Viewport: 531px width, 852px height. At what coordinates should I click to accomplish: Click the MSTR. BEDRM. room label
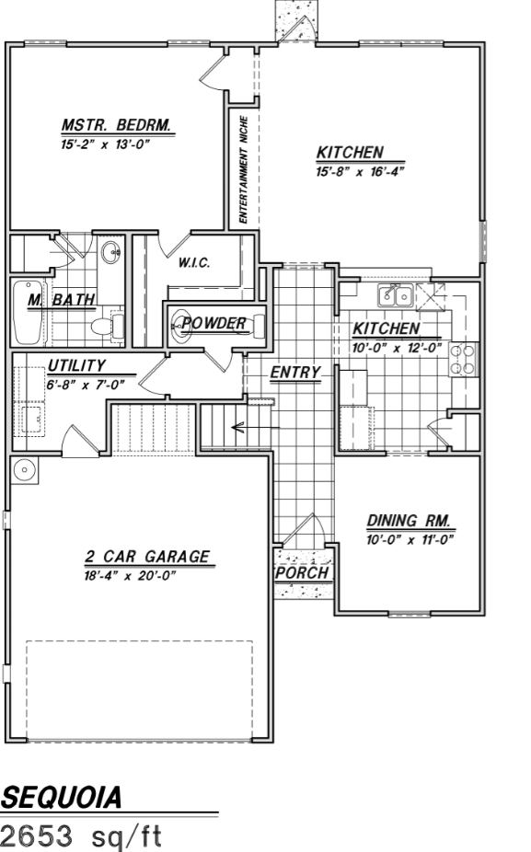(x=117, y=124)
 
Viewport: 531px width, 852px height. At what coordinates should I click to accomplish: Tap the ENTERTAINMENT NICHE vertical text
(x=244, y=169)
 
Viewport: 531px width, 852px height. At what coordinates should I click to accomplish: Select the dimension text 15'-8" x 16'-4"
(x=361, y=172)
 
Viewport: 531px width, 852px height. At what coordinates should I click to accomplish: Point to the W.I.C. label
(x=194, y=263)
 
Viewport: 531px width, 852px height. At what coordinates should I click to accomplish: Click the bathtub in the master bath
(x=29, y=313)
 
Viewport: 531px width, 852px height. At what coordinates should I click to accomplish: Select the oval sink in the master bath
(x=111, y=252)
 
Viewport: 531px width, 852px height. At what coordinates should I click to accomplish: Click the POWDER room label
(x=214, y=323)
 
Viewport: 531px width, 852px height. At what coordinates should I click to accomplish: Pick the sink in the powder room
(x=181, y=326)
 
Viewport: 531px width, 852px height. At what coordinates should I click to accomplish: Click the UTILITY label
(x=76, y=365)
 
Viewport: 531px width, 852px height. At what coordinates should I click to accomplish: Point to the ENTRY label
(x=295, y=373)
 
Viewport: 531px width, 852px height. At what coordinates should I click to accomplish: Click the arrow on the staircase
(x=256, y=428)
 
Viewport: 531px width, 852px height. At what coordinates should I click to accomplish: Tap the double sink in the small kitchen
(x=396, y=296)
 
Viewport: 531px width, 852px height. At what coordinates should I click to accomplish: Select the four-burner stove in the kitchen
(x=463, y=360)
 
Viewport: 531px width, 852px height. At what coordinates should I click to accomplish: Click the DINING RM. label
(x=409, y=521)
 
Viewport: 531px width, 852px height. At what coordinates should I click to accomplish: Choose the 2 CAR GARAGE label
(x=147, y=557)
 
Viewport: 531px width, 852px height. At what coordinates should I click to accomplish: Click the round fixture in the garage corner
(x=25, y=469)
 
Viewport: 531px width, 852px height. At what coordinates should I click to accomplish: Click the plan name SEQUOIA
(x=61, y=798)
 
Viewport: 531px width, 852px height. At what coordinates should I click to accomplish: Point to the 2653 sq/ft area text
(x=81, y=835)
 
